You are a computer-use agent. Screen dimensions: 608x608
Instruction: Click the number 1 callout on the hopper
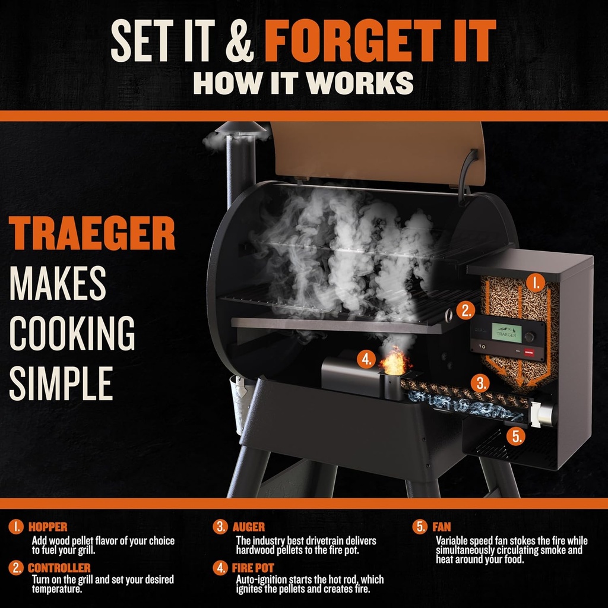click(536, 283)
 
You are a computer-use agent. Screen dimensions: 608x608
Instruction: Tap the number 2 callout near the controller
click(465, 309)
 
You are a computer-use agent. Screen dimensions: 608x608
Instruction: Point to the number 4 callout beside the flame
click(366, 359)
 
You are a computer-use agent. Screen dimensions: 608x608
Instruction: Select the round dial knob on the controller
click(530, 336)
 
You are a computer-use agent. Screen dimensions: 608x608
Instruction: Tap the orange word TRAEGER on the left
click(92, 235)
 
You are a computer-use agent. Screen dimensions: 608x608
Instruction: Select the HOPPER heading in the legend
click(47, 527)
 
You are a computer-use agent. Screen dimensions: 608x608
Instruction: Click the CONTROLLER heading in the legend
click(59, 568)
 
